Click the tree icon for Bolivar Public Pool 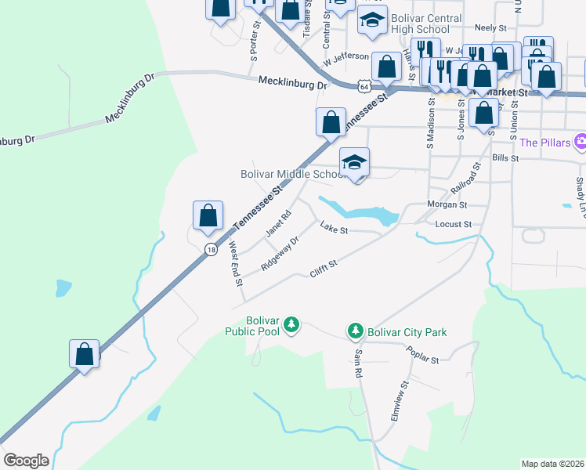click(x=291, y=324)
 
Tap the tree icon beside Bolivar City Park click(x=356, y=332)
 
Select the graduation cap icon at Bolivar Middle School click(x=354, y=163)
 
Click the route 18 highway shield click(x=211, y=249)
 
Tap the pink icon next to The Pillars click(x=580, y=143)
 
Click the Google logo click(x=26, y=460)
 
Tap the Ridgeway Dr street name click(x=280, y=253)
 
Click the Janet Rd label click(x=278, y=223)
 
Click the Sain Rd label click(x=359, y=363)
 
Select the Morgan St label click(x=447, y=204)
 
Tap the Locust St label click(x=455, y=224)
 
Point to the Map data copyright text click(x=552, y=464)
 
